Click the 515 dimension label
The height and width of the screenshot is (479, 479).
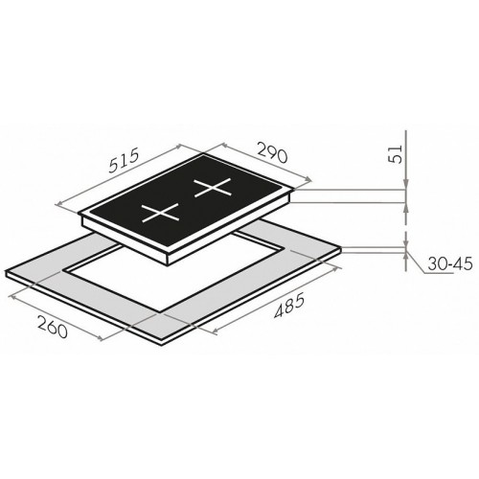[124, 161]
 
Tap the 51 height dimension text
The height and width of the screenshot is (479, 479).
[396, 154]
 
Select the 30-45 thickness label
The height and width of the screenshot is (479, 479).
[449, 264]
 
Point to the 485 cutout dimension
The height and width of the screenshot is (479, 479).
[289, 308]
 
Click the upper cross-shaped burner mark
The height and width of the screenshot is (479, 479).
[213, 188]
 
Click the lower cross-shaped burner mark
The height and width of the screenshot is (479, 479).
[160, 213]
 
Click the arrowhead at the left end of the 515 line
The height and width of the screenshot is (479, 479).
[59, 203]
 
